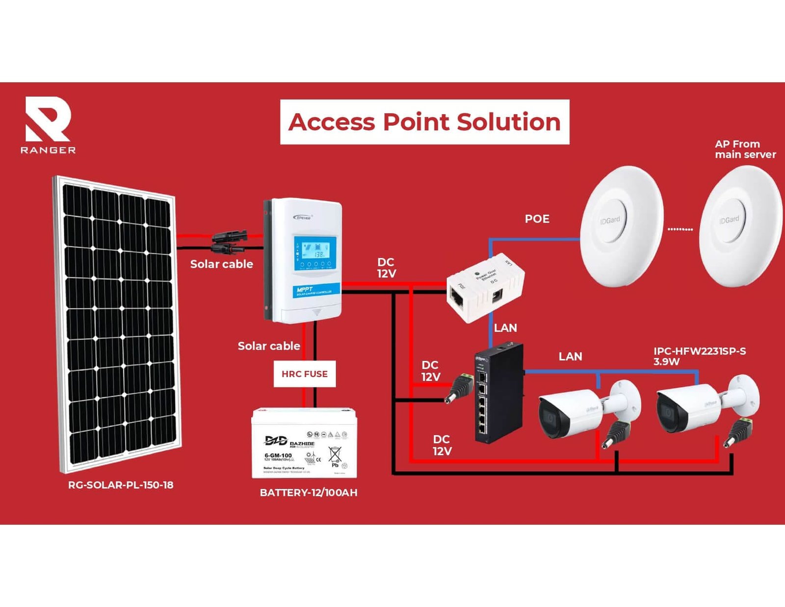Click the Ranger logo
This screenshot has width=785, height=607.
coord(48,125)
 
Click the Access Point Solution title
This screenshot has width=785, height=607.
coord(424,122)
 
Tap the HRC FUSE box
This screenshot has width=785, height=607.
coord(305,374)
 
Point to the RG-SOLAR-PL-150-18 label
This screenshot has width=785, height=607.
coord(121,485)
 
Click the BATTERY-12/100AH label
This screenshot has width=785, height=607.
coord(309,492)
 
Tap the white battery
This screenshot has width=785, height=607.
coord(304,443)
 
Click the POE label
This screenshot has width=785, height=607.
coord(537,219)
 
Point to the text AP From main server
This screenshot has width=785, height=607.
coord(745,149)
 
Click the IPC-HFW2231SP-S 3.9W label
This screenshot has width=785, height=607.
coord(699,356)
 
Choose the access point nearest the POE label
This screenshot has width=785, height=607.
coord(621,225)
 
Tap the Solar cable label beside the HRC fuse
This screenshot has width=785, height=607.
coord(269,346)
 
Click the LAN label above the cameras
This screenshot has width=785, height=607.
coord(570,357)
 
